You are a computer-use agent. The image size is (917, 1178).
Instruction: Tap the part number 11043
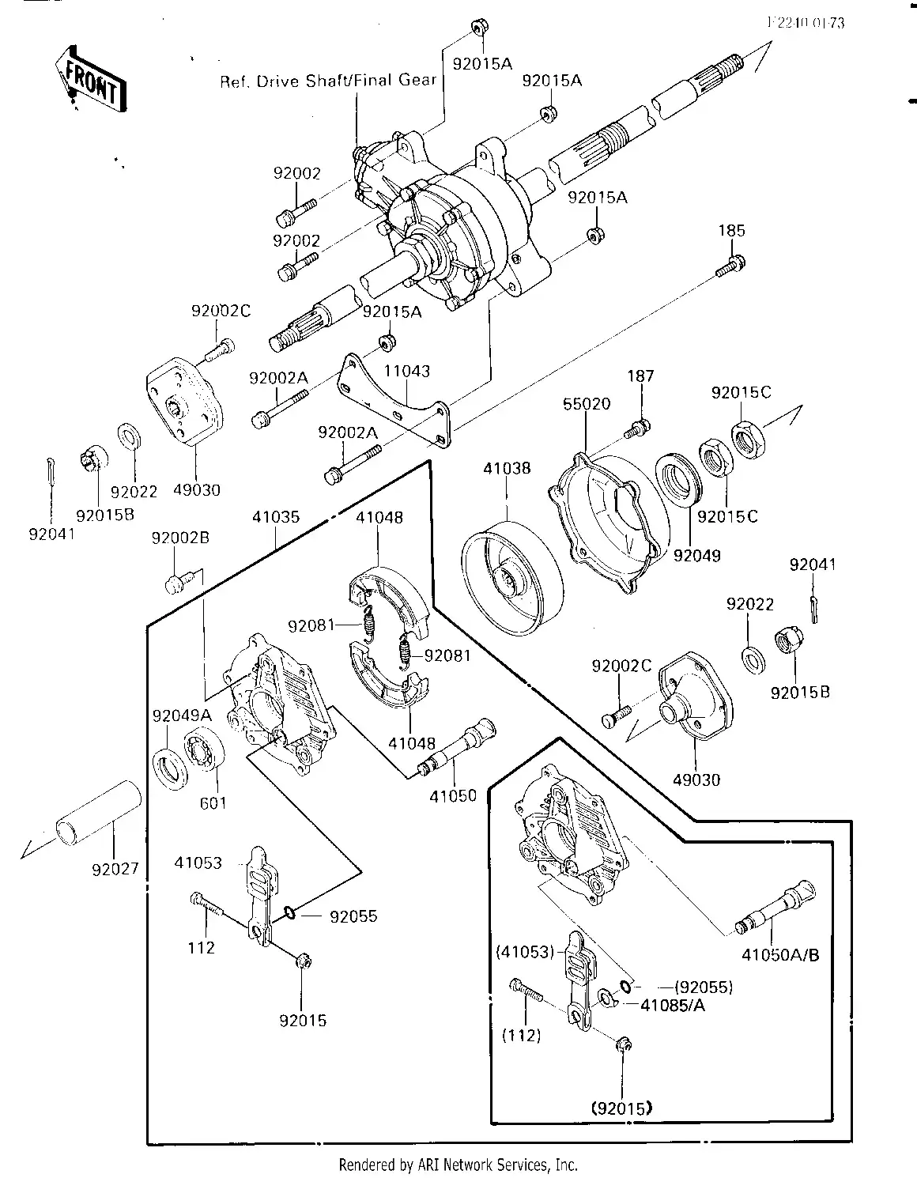(x=407, y=371)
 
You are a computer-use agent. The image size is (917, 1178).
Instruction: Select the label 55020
(x=587, y=404)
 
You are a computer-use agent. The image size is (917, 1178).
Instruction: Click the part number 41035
(x=276, y=518)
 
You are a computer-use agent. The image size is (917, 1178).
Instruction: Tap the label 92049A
(x=182, y=715)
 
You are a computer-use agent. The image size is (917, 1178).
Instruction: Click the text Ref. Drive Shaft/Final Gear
(x=327, y=81)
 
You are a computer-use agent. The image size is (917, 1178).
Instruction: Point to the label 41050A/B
(x=780, y=955)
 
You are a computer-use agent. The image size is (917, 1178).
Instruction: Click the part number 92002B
(x=180, y=538)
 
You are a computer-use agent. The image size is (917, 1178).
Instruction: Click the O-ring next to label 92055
(x=289, y=916)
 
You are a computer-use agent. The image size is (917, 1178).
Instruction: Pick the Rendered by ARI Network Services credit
(x=458, y=1165)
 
